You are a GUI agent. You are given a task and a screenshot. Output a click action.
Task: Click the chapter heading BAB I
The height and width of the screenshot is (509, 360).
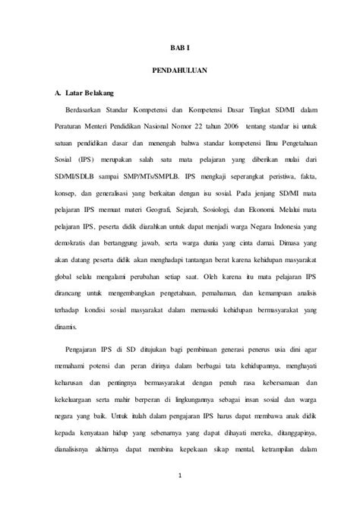click(179, 46)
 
